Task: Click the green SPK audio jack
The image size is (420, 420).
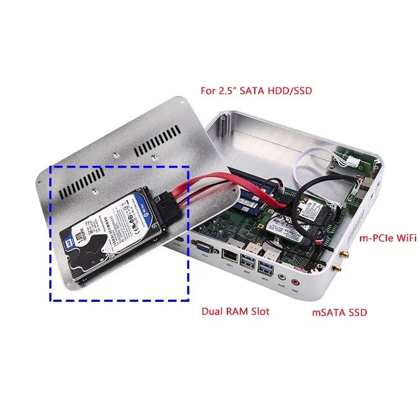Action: click(x=282, y=277)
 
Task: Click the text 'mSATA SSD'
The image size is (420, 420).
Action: click(x=339, y=312)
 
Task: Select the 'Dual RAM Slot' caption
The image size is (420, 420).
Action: click(x=235, y=311)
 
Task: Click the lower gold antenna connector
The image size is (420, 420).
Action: click(x=336, y=270)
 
